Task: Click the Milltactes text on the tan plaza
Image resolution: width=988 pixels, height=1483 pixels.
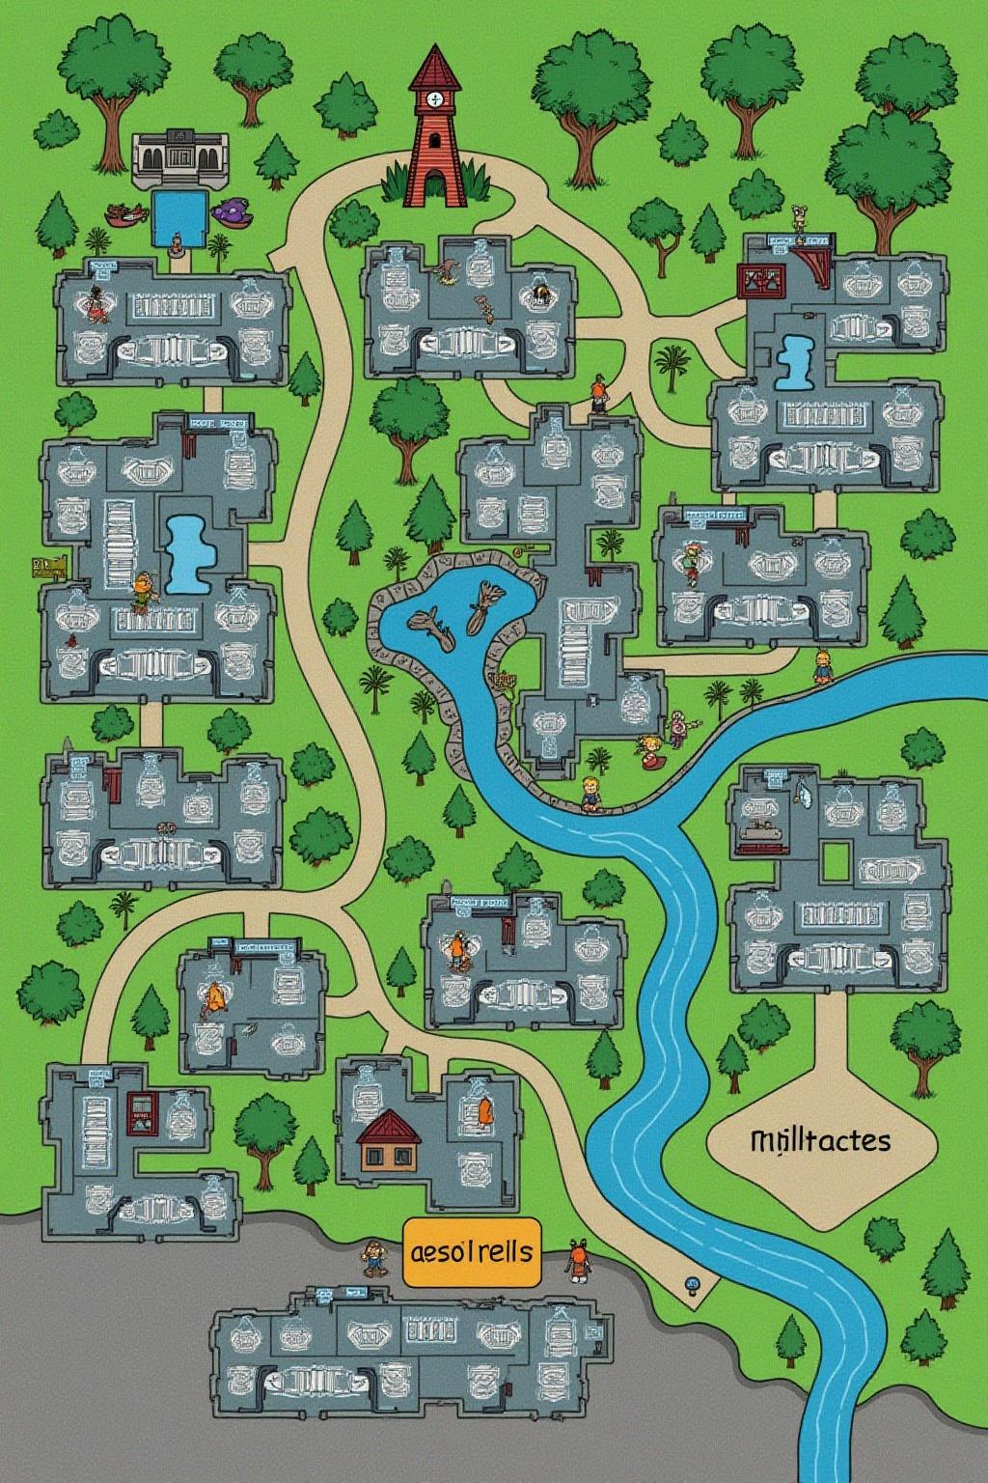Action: click(819, 1140)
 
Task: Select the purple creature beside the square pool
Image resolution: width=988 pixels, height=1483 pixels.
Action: click(233, 210)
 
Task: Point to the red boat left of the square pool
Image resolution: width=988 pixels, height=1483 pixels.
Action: click(123, 213)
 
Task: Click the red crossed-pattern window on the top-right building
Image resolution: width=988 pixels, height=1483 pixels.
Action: click(764, 279)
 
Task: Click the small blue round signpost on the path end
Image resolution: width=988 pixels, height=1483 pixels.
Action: click(692, 1284)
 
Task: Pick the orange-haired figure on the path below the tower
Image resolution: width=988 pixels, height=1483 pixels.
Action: click(599, 394)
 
